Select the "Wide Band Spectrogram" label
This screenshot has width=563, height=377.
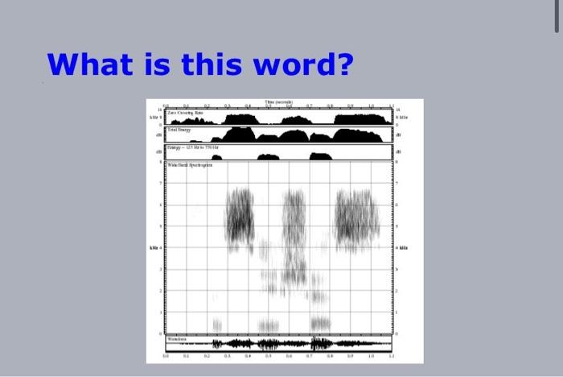coord(188,164)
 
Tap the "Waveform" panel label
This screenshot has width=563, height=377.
coord(176,338)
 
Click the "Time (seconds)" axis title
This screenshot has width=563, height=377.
coord(278,102)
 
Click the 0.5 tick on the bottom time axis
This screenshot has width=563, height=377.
coord(269,354)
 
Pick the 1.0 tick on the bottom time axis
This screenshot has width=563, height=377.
coord(372,354)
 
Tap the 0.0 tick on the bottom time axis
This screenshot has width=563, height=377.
coord(166,354)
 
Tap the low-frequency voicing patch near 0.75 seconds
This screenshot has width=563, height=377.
coord(320,323)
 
